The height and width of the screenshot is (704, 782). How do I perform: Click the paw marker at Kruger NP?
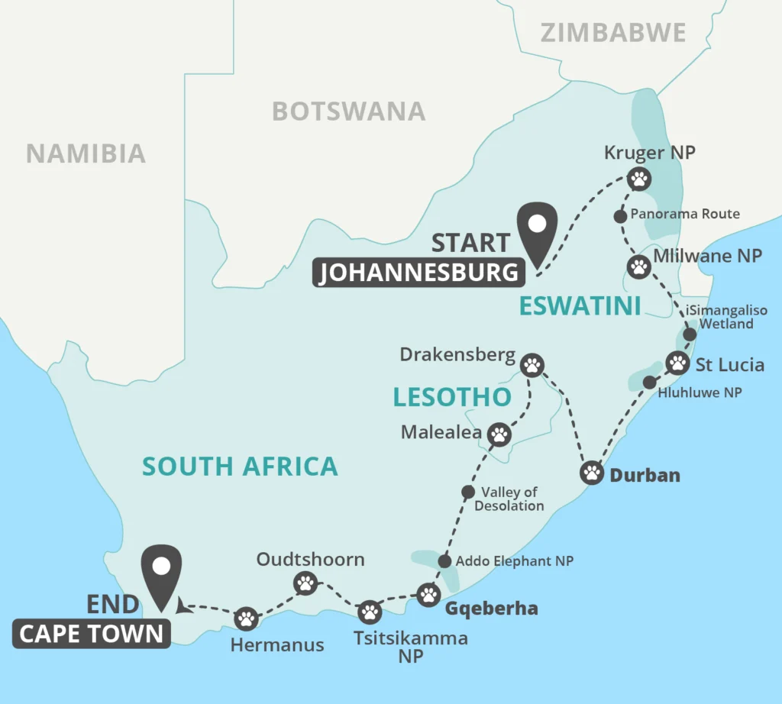[x=639, y=179]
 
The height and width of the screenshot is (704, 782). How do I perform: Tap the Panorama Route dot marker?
[x=621, y=215]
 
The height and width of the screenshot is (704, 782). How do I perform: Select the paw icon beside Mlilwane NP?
[x=638, y=266]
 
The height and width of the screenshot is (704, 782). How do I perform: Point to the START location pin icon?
[x=537, y=229]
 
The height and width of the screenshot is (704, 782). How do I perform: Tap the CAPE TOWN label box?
[x=91, y=634]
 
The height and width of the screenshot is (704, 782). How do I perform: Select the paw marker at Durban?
[x=593, y=473]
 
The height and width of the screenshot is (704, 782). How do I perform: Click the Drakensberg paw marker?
[x=532, y=364]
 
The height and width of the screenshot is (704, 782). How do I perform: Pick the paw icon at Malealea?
[x=499, y=434]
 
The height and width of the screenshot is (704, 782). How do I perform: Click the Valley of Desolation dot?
[x=469, y=492]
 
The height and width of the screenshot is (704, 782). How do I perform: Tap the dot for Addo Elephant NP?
[x=445, y=561]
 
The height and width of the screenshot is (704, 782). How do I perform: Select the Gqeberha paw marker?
[x=429, y=593]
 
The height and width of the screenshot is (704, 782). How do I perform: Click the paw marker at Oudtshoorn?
[x=305, y=584]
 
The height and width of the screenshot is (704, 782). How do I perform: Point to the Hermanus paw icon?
[x=246, y=618]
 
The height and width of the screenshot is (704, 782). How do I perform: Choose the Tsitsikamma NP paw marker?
[x=370, y=611]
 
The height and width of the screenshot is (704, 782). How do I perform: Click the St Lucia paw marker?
[x=677, y=362]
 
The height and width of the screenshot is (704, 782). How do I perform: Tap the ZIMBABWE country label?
[x=613, y=33]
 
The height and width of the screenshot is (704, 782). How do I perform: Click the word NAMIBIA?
[x=86, y=153]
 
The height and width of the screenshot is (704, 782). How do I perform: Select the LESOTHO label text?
[x=452, y=397]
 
